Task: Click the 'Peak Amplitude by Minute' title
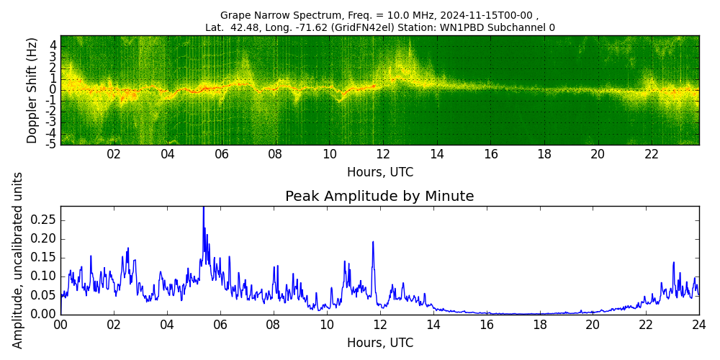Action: [x=379, y=197]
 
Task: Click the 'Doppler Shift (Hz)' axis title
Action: [x=32, y=91]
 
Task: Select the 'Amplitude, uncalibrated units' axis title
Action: [x=18, y=260]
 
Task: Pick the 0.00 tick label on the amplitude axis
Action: [x=45, y=314]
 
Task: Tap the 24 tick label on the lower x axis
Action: [x=698, y=325]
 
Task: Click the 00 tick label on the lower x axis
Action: [x=60, y=325]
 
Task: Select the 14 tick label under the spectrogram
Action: [x=436, y=154]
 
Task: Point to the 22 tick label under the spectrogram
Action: [x=652, y=154]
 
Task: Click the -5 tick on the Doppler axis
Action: [x=52, y=144]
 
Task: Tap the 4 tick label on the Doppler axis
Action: [x=53, y=45]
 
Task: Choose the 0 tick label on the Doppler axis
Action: [x=53, y=89]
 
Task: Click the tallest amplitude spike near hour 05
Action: [x=203, y=209]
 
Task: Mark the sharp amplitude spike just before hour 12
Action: [x=373, y=243]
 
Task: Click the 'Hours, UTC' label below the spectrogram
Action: [x=379, y=173]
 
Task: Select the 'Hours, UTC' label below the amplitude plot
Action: [x=379, y=343]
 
